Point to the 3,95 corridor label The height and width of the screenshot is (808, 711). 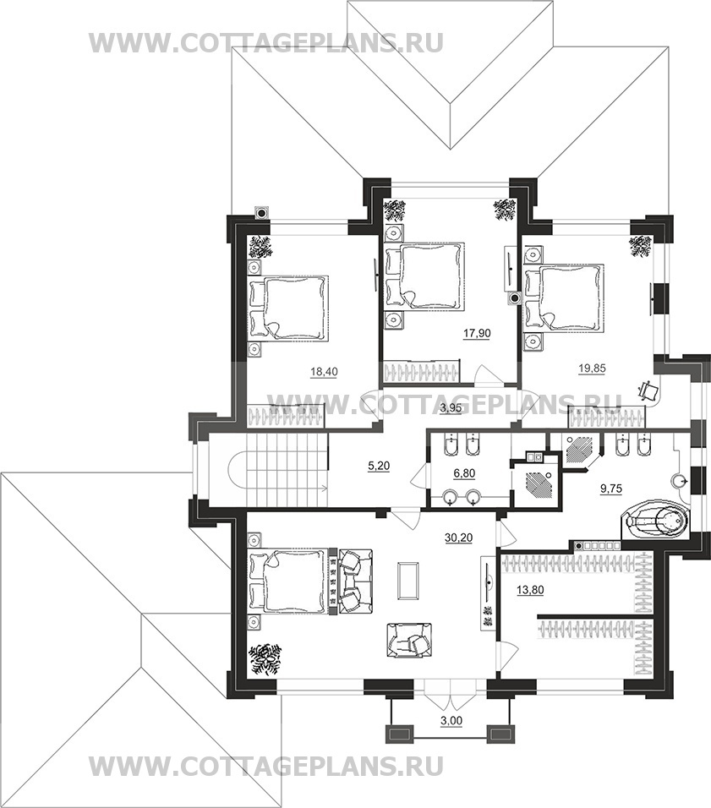(x=451, y=409)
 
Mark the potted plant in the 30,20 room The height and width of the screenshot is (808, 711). (x=266, y=658)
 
